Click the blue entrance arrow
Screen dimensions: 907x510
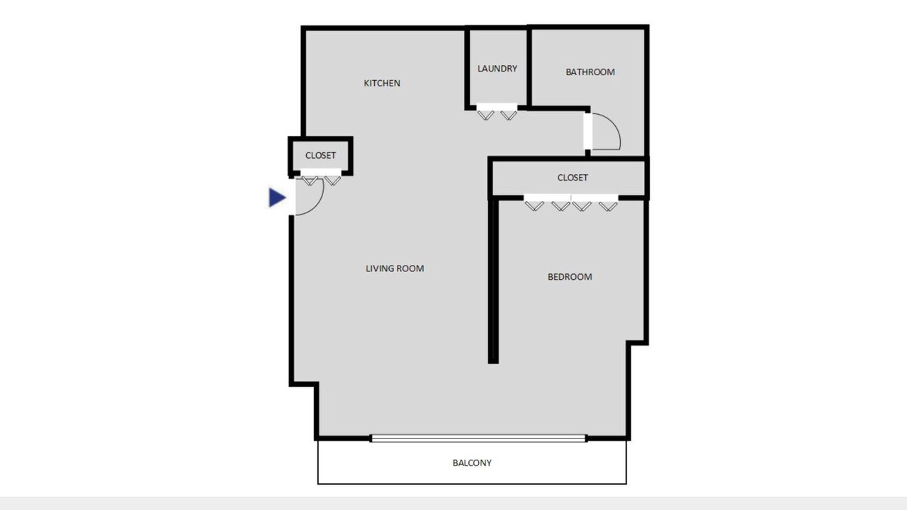[277, 198]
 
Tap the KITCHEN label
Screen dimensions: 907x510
[382, 83]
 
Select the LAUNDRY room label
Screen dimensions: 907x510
[497, 69]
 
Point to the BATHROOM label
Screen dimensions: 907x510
[590, 72]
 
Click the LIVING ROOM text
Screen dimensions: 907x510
[395, 268]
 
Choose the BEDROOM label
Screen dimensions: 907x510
[570, 277]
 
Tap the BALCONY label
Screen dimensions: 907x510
[472, 463]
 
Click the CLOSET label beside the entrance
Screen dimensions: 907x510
[320, 155]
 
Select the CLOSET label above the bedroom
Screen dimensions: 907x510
[573, 177]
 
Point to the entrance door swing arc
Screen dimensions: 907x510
[317, 205]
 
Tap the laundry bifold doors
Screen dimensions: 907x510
[497, 113]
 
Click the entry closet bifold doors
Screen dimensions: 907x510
[321, 178]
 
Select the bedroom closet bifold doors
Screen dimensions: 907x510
[571, 203]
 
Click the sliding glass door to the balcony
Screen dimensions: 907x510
[478, 438]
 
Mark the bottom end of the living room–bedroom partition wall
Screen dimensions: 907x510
[493, 363]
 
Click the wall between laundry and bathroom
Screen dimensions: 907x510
[529, 67]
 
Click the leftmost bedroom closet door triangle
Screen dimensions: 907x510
[534, 206]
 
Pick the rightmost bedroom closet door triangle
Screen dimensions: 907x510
[608, 206]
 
